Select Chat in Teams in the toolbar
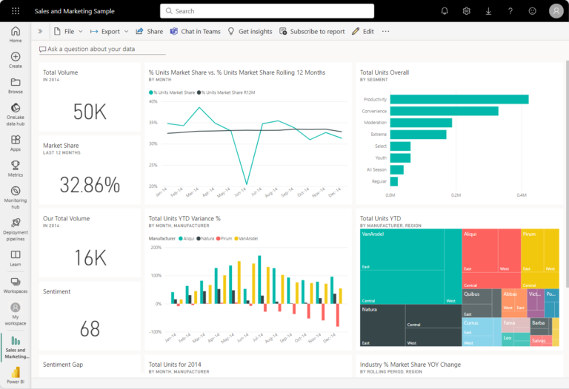pyautogui.click(x=196, y=32)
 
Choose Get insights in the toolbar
pyautogui.click(x=250, y=32)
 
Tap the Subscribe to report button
pyautogui.click(x=312, y=32)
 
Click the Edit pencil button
pyautogui.click(x=362, y=32)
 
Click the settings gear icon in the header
pyautogui.click(x=467, y=11)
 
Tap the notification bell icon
pyautogui.click(x=445, y=11)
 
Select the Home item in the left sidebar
pyautogui.click(x=16, y=35)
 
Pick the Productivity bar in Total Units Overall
pyautogui.click(x=459, y=99)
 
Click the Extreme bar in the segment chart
pyautogui.click(x=418, y=135)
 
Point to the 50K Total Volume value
pyautogui.click(x=90, y=112)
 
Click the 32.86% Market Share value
pyautogui.click(x=90, y=184)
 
